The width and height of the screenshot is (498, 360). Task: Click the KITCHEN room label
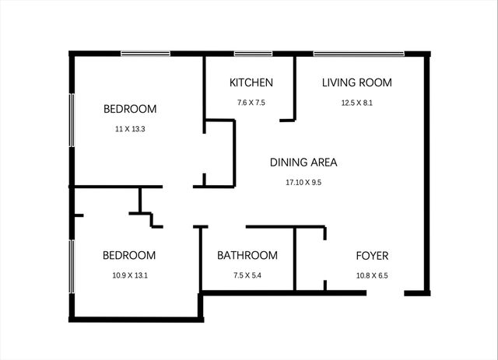pos(251,82)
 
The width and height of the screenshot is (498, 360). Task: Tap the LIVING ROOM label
pos(356,82)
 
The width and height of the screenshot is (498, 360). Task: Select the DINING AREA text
pos(303,163)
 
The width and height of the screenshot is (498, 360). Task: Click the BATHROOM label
pos(247,255)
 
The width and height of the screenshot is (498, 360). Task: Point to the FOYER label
pos(372,255)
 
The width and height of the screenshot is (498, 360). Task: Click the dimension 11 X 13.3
pos(130,129)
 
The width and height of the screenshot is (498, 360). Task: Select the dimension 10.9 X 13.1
pos(130,274)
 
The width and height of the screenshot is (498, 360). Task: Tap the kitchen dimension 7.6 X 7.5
pos(251,103)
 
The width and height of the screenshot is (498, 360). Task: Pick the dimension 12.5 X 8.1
pos(356,103)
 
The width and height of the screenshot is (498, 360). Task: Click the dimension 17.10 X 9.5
pos(303,183)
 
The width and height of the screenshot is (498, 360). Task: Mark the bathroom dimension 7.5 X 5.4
pos(247,274)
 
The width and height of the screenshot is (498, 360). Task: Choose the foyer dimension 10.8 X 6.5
pos(372,274)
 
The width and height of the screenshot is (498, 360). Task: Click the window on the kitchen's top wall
pos(253,54)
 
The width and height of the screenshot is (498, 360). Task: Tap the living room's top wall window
pos(359,54)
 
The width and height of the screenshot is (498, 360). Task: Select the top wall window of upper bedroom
pos(146,54)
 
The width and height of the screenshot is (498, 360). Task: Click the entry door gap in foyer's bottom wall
pos(384,293)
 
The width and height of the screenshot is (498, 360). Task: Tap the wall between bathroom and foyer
pos(295,259)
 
